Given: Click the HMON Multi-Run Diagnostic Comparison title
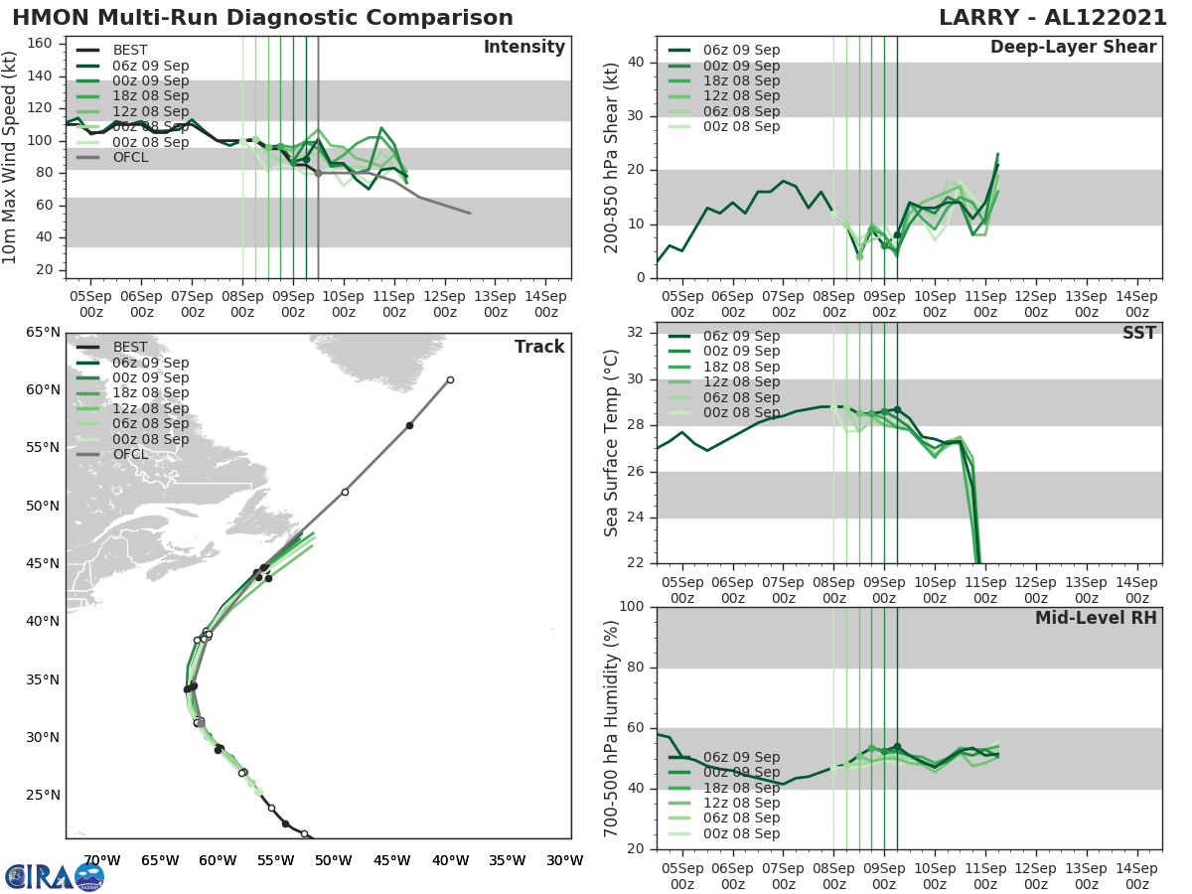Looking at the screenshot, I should click(x=262, y=18).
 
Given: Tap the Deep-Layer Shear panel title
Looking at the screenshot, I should click(x=1073, y=48).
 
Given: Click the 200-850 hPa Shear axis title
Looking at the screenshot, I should click(x=613, y=157).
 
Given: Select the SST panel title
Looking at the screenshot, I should click(x=1138, y=333).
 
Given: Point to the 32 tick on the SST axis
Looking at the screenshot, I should click(x=638, y=333).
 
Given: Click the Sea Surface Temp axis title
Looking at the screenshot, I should click(x=613, y=443).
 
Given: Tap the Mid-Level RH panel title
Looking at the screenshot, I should click(x=1096, y=618).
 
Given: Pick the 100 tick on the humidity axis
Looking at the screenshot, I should click(x=632, y=607).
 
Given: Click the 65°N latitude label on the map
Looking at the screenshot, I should click(x=43, y=332).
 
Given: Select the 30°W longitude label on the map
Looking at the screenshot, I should click(x=564, y=861).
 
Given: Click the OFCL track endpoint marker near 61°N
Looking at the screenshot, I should click(x=450, y=379).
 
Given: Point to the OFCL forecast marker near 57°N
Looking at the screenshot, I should click(x=409, y=425).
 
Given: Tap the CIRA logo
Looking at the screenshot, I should click(x=55, y=876).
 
